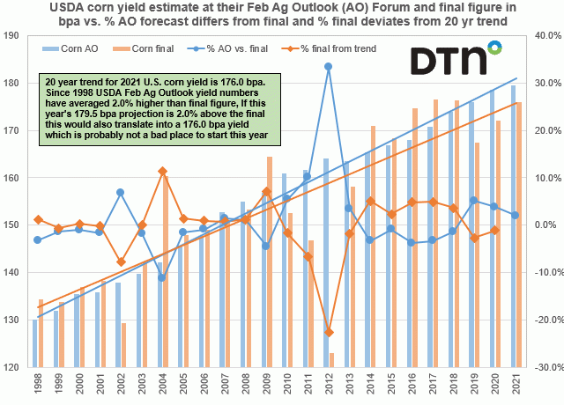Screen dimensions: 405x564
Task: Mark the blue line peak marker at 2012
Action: pyautogui.click(x=328, y=66)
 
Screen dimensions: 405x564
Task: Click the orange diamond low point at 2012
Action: pyautogui.click(x=328, y=332)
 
